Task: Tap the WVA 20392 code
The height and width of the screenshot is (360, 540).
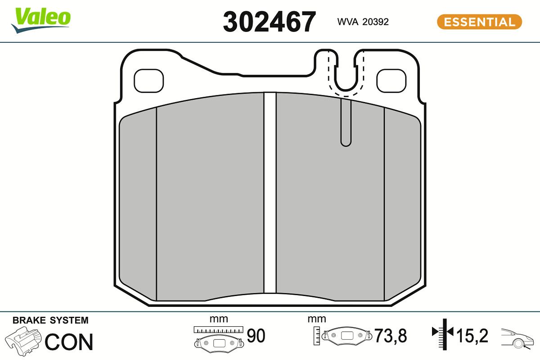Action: (x=363, y=22)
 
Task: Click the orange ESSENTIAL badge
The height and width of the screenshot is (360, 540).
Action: (x=479, y=22)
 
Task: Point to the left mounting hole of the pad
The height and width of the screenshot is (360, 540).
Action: (x=149, y=81)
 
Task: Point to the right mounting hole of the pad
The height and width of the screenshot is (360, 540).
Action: (x=391, y=81)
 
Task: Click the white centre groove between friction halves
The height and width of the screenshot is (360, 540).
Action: (x=270, y=193)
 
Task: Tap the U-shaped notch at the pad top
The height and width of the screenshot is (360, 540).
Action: (x=345, y=74)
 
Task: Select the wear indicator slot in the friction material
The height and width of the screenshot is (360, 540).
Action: (x=345, y=124)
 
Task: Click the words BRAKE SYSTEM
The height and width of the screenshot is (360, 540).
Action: (x=50, y=320)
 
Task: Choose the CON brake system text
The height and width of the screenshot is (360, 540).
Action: (x=69, y=342)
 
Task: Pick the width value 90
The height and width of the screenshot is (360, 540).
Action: (x=256, y=336)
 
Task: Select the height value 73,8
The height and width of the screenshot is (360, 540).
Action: (x=391, y=336)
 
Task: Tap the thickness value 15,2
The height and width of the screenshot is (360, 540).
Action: (x=472, y=336)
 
